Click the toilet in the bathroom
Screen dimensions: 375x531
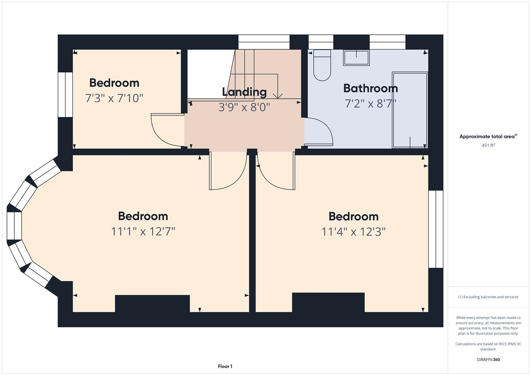[x=322, y=66]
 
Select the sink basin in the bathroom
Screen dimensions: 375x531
[x=356, y=58]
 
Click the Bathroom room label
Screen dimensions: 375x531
[x=370, y=88]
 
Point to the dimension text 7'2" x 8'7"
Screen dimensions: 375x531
[x=370, y=103]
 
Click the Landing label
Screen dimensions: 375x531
[x=244, y=92]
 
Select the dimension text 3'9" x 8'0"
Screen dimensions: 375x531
[x=244, y=107]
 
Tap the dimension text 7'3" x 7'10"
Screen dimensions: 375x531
[x=114, y=98]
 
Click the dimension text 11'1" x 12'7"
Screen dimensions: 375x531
[x=143, y=231]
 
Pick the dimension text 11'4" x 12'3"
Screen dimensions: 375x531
[x=353, y=232]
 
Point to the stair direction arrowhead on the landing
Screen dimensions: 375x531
[x=277, y=96]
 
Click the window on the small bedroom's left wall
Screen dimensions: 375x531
[x=65, y=94]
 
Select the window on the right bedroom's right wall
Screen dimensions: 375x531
[x=436, y=229]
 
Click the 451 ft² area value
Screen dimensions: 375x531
[x=488, y=145]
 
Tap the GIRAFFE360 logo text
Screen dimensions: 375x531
[x=488, y=360]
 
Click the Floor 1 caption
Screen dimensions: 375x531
[x=225, y=366]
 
